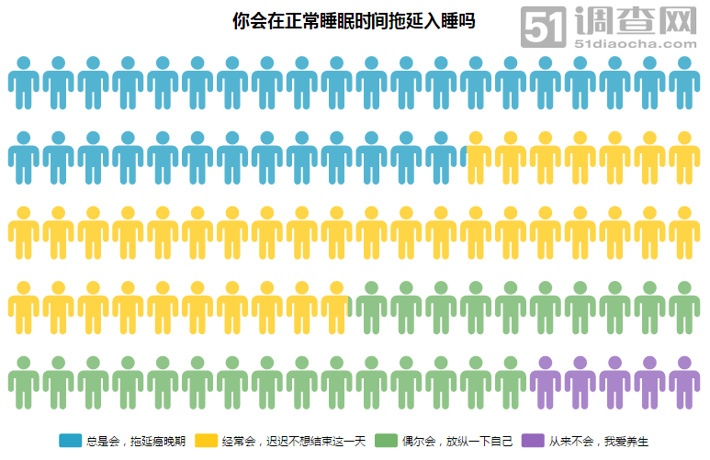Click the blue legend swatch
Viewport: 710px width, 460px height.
coord(70,441)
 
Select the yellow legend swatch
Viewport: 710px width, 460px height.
coord(206,441)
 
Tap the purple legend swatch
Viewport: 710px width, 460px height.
coord(533,441)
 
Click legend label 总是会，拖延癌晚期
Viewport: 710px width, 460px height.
coord(136,441)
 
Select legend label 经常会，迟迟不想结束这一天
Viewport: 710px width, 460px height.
coord(294,441)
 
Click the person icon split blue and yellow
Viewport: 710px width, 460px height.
coord(476,157)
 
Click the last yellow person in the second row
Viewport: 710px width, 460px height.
coord(684,157)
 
